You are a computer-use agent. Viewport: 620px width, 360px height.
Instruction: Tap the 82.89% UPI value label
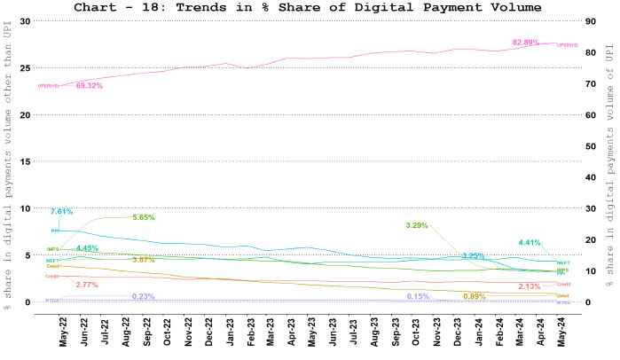tap(527, 43)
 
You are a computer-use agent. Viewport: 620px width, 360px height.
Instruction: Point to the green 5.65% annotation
tap(144, 217)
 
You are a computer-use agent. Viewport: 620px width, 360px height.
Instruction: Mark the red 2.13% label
tap(530, 286)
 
